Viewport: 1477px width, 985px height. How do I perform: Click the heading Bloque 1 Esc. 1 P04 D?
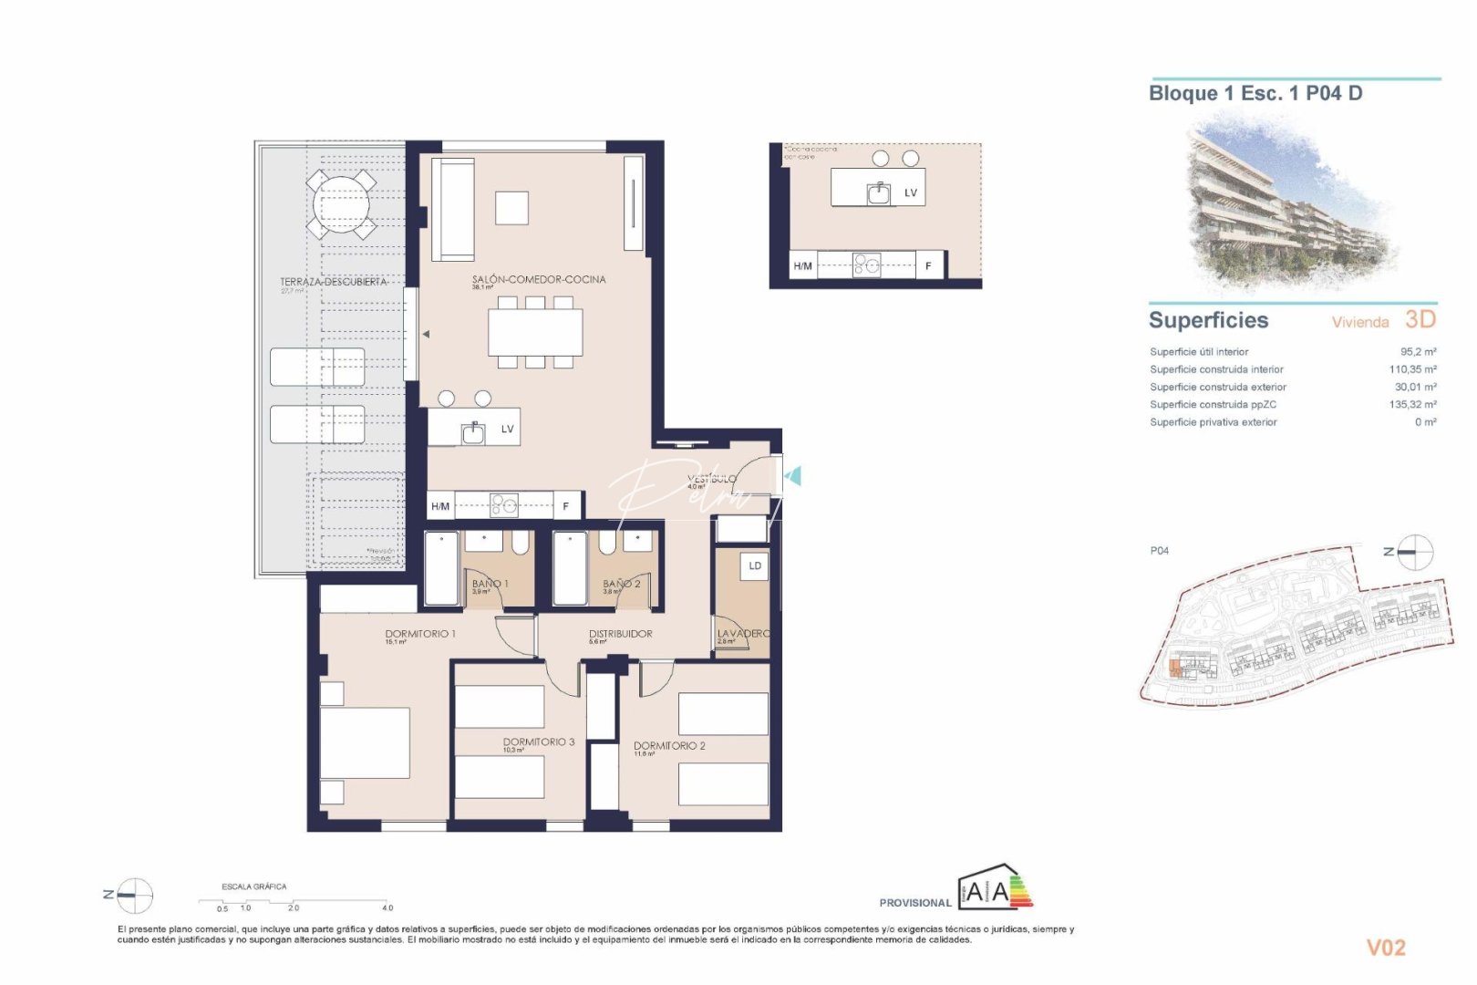click(1255, 93)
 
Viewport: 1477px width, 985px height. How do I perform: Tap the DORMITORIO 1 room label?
click(419, 634)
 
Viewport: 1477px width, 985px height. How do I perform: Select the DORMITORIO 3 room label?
click(538, 742)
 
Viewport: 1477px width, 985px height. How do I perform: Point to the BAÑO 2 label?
click(621, 584)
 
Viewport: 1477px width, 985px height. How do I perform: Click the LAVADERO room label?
click(743, 634)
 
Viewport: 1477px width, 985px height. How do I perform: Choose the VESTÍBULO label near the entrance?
click(711, 479)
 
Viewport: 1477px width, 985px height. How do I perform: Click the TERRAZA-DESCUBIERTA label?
click(333, 282)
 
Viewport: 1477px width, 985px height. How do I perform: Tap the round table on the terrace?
click(342, 203)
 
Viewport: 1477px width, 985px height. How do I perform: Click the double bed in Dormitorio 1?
click(365, 742)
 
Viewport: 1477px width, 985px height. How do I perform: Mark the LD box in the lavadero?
click(755, 566)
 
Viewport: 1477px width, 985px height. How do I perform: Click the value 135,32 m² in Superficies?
click(1412, 405)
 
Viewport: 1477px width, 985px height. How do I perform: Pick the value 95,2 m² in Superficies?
click(1418, 352)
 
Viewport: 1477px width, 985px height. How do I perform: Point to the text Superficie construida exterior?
click(1217, 388)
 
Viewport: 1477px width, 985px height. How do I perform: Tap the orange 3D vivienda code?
click(1420, 319)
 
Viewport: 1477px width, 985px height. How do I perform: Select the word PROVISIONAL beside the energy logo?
click(914, 903)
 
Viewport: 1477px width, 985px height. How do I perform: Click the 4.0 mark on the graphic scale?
click(387, 907)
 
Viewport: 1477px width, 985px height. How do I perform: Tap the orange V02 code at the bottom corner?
click(1386, 949)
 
